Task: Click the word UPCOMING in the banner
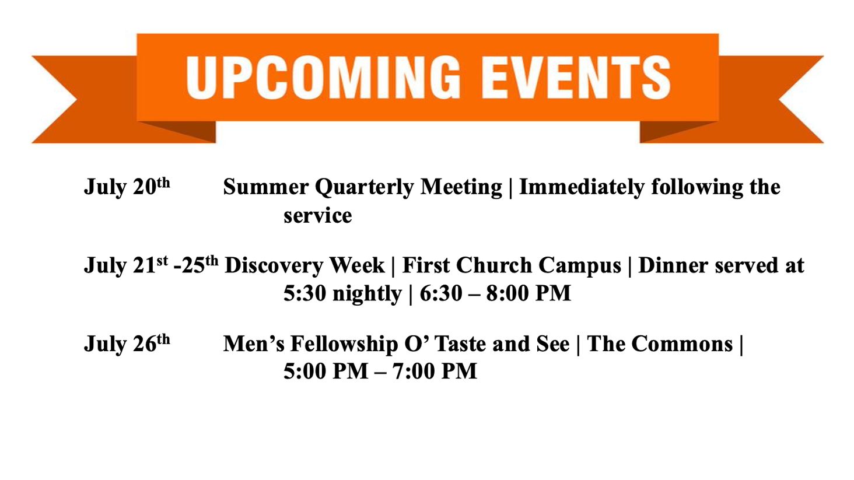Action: point(323,78)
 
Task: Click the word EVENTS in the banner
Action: point(576,78)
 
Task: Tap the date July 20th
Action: point(127,187)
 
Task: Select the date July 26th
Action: point(127,343)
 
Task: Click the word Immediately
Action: point(582,188)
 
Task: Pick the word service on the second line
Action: point(317,215)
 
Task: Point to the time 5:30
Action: point(305,293)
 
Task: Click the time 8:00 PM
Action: point(528,293)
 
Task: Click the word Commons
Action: point(682,344)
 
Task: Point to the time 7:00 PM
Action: point(435,371)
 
